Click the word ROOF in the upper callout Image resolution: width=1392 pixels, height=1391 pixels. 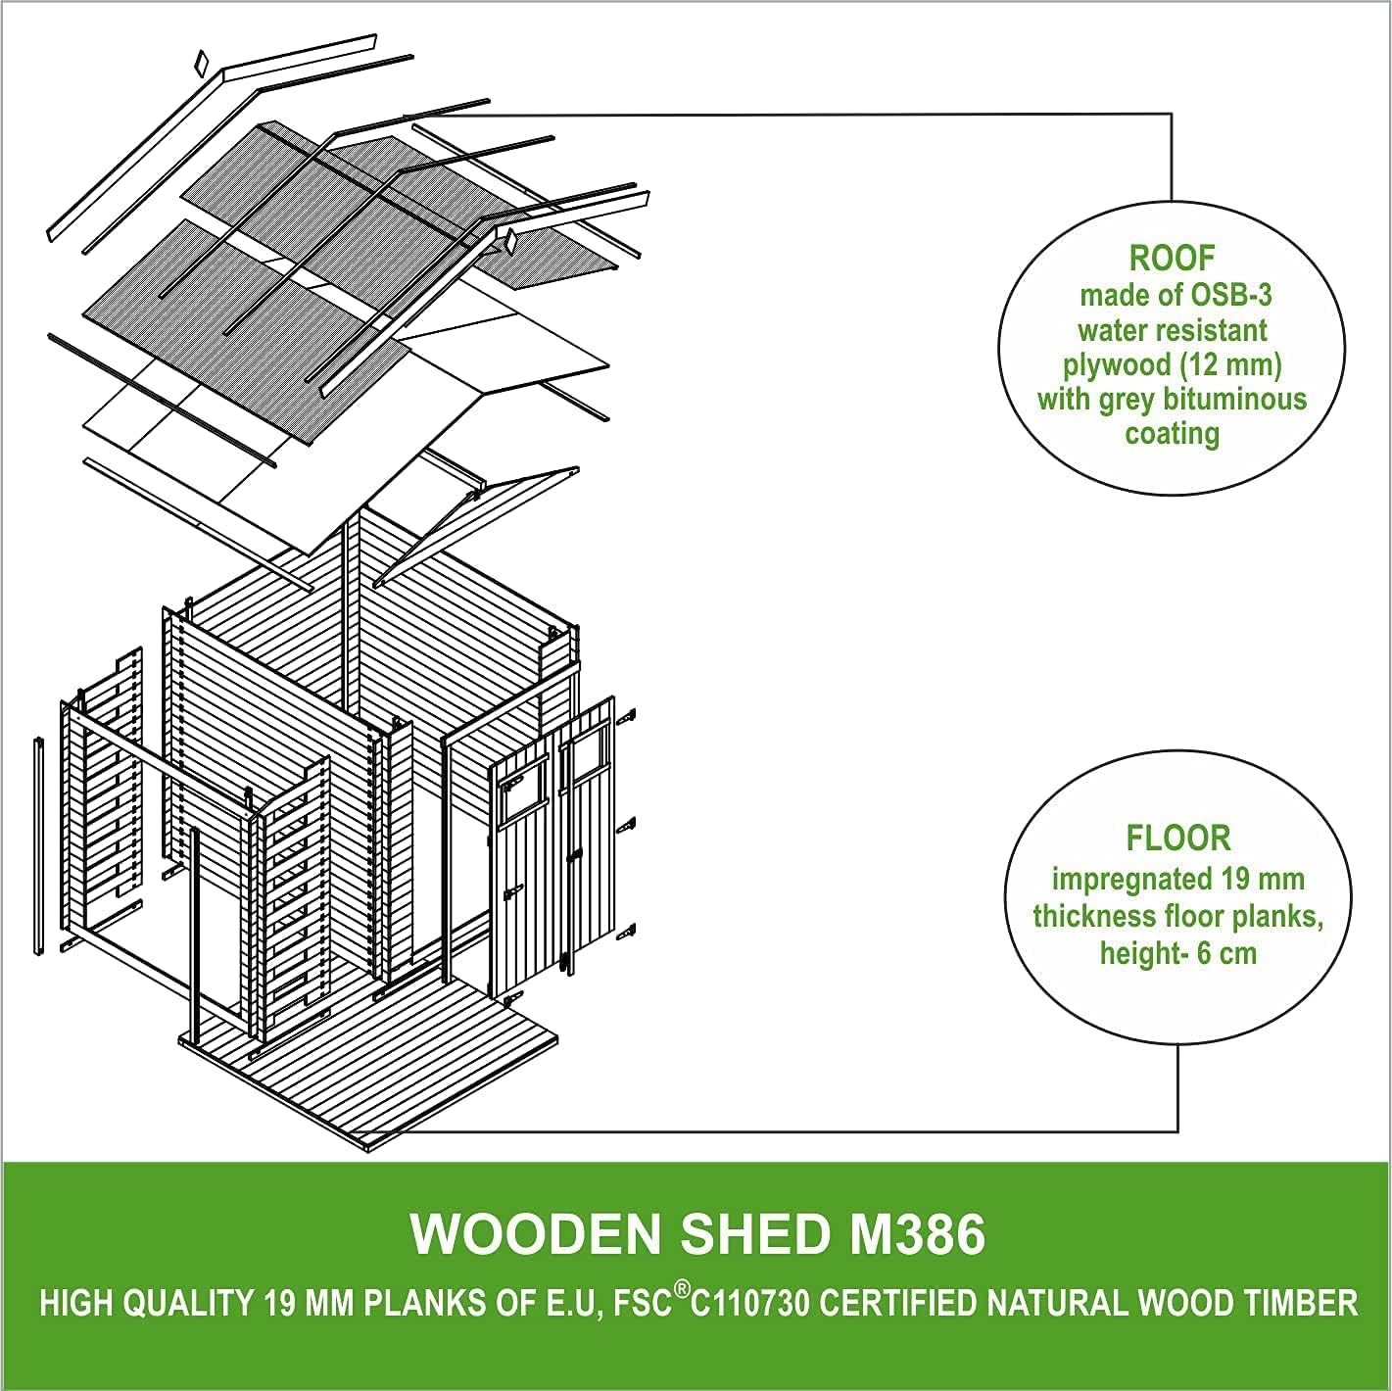click(x=1172, y=259)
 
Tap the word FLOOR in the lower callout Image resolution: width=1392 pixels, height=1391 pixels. click(x=1177, y=839)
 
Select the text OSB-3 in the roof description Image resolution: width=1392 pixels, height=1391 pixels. click(x=1231, y=295)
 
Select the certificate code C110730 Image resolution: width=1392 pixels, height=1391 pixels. click(x=751, y=1304)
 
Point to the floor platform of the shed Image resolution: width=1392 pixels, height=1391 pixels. click(x=392, y=1068)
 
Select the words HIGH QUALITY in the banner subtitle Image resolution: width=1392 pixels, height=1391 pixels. click(x=146, y=1304)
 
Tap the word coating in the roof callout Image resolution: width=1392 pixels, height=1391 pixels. click(x=1172, y=434)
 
